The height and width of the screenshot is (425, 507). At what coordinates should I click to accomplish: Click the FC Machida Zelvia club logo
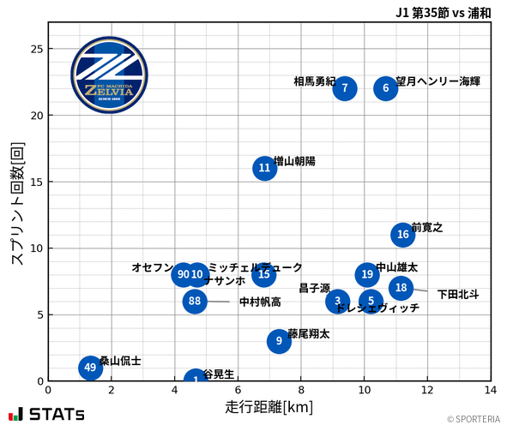pos(103,75)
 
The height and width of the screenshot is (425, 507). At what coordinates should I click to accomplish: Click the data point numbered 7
pos(344,88)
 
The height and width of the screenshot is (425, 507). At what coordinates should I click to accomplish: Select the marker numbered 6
pos(386,88)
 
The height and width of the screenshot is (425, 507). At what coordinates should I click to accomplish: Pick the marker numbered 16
pos(403,235)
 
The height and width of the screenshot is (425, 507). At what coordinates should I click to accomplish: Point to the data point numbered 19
pos(367,275)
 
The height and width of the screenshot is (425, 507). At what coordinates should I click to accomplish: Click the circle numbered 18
pos(401,288)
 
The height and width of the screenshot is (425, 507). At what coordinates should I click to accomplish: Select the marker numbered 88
pos(195,301)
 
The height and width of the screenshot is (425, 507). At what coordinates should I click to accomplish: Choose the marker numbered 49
pos(90,368)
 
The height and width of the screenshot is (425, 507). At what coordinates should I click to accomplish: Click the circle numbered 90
pos(183,275)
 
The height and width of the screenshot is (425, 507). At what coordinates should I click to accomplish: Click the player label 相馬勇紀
pos(314,81)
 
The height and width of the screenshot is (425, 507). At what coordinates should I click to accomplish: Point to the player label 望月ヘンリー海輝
pos(438,81)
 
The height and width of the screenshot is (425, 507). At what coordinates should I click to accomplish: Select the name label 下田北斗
pos(458,295)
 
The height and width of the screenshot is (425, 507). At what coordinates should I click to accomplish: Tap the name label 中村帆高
pos(260,302)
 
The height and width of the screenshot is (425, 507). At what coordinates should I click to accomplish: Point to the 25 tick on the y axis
pos(36,49)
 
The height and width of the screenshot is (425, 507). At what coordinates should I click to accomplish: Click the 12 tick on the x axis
pos(427,389)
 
